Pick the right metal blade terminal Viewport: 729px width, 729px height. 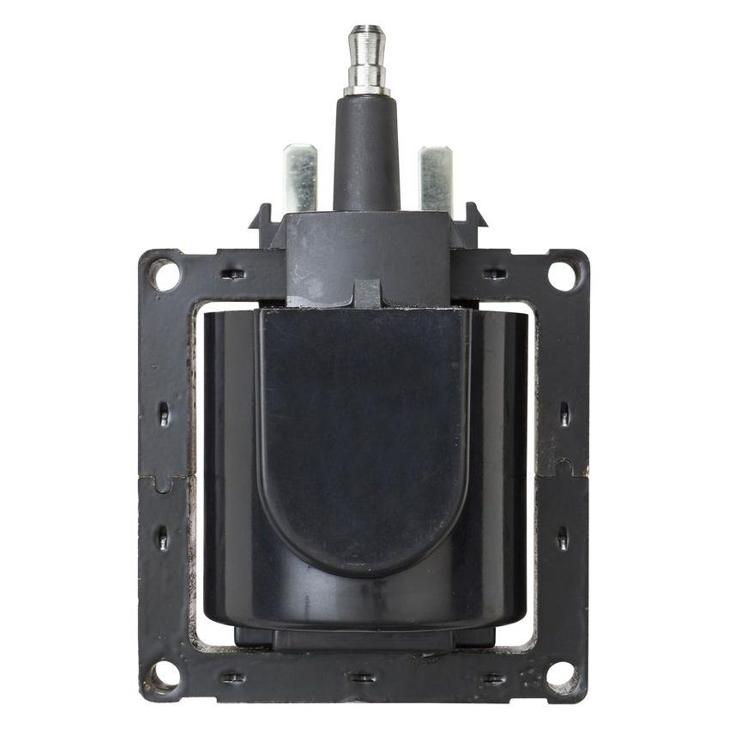[x=435, y=178]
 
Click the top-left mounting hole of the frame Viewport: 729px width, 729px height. [x=164, y=274]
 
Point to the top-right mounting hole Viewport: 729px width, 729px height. [x=563, y=274]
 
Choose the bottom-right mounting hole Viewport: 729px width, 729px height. [x=562, y=675]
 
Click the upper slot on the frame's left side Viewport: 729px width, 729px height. [x=164, y=414]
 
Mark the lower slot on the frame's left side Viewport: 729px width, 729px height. [x=163, y=538]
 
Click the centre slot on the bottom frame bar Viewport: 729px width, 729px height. [x=363, y=678]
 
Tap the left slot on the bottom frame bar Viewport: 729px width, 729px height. [x=232, y=678]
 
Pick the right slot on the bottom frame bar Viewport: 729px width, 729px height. [x=493, y=678]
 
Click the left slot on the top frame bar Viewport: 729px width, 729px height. [x=233, y=274]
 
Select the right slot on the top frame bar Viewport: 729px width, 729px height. [x=494, y=274]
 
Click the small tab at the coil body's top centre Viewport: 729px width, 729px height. [x=366, y=294]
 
